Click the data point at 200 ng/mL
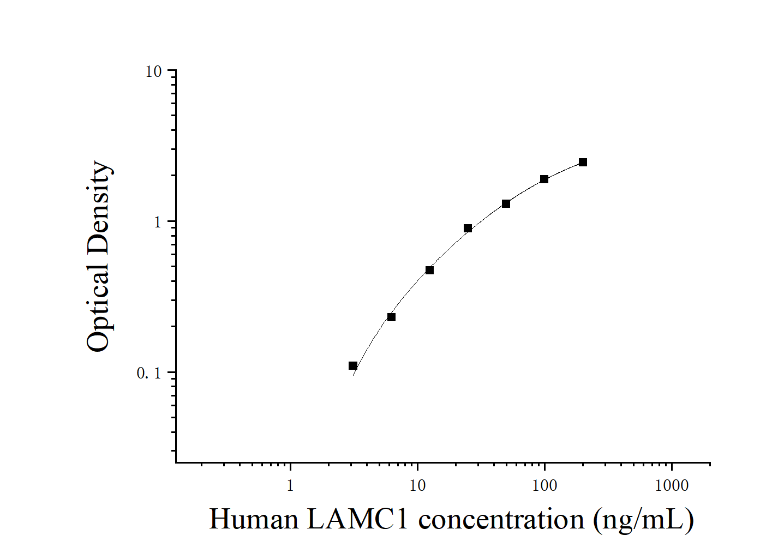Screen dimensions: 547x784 [583, 162]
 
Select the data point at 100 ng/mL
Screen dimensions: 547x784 [544, 179]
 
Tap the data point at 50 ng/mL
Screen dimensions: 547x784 [506, 203]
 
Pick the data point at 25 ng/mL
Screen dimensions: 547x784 [468, 228]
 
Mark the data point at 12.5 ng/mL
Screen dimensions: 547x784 [429, 270]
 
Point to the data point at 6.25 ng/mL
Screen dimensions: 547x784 [391, 317]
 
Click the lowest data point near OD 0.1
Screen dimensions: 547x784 [353, 365]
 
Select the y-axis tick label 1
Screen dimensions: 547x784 [159, 223]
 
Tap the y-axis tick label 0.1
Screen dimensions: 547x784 [149, 374]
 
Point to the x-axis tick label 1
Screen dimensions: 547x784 [290, 485]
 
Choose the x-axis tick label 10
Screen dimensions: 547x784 [417, 485]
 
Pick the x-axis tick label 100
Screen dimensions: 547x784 [544, 485]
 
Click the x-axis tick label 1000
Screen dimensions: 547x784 [672, 485]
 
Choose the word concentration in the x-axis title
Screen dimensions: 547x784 [501, 519]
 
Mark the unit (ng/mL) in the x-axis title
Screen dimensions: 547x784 [644, 519]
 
